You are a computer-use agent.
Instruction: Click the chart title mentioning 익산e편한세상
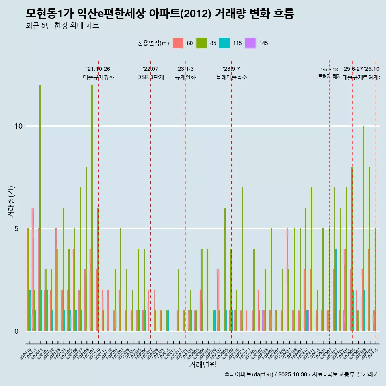pyautogui.click(x=160, y=14)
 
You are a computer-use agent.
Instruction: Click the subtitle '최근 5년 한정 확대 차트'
pyautogui.click(x=62, y=26)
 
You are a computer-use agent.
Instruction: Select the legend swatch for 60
pyautogui.click(x=178, y=43)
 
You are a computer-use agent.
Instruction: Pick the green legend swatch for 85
pyautogui.click(x=201, y=43)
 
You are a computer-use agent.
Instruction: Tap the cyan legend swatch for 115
pyautogui.click(x=224, y=43)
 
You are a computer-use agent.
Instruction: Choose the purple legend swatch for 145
pyautogui.click(x=250, y=43)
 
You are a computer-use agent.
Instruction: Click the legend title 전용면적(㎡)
pyautogui.click(x=153, y=43)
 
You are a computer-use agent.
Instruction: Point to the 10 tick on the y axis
pyautogui.click(x=18, y=126)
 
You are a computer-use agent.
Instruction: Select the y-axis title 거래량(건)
pyautogui.click(x=12, y=201)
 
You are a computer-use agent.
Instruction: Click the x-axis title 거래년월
pyautogui.click(x=202, y=365)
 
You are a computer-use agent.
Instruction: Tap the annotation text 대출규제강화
pyautogui.click(x=99, y=78)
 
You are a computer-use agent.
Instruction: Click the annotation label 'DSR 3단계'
pyautogui.click(x=150, y=78)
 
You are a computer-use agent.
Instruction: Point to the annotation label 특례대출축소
pyautogui.click(x=231, y=78)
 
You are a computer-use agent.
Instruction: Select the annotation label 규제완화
pyautogui.click(x=185, y=78)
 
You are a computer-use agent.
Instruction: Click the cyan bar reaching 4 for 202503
pyautogui.click(x=336, y=290)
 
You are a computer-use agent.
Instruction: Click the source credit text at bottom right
pyautogui.click(x=302, y=374)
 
